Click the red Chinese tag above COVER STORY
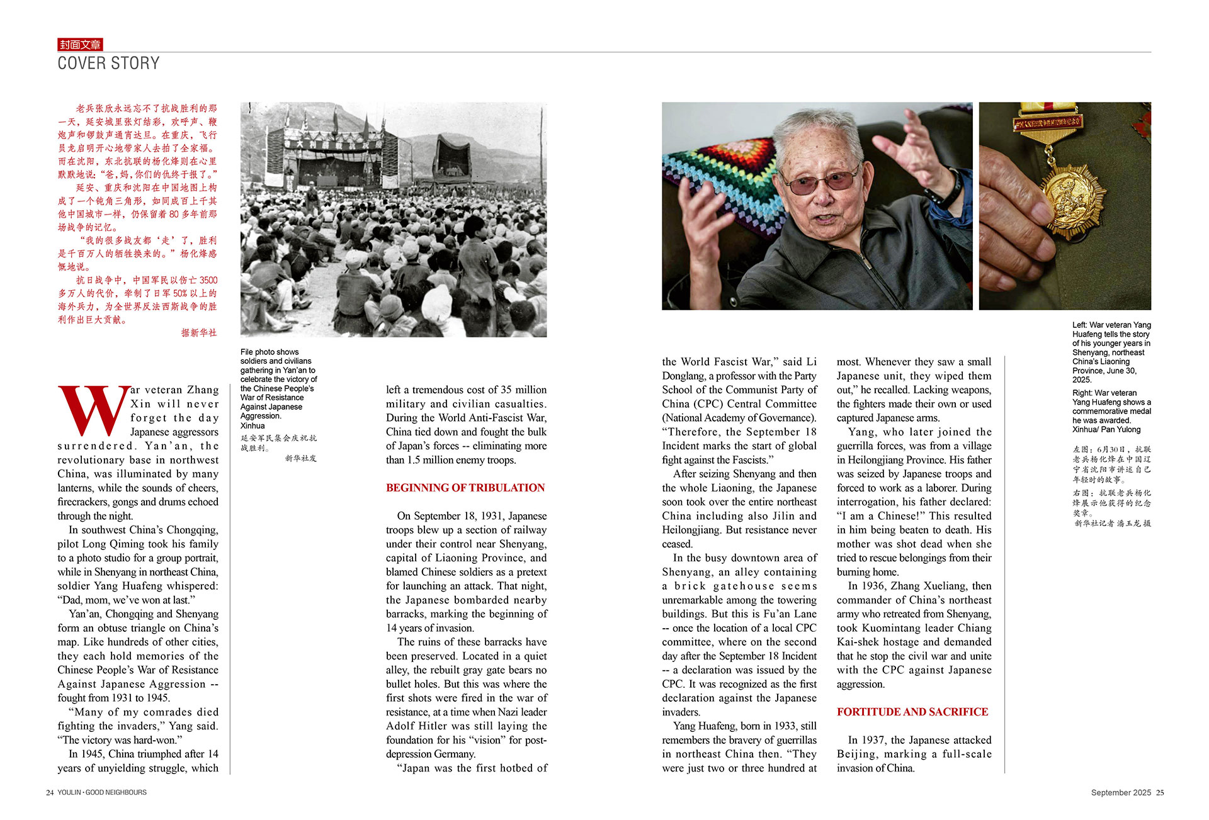tap(80, 45)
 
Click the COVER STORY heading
tap(108, 64)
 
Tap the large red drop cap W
tap(93, 411)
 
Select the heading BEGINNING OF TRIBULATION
tap(465, 488)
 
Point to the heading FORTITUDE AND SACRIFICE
tap(912, 712)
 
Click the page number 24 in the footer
tap(50, 792)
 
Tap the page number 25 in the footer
tap(1160, 792)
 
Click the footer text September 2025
tap(1121, 792)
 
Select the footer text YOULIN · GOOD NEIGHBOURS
tap(102, 792)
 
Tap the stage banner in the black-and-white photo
tap(334, 144)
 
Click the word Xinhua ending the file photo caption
tap(253, 425)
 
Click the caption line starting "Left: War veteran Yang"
tap(1111, 325)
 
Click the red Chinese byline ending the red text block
tap(199, 332)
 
